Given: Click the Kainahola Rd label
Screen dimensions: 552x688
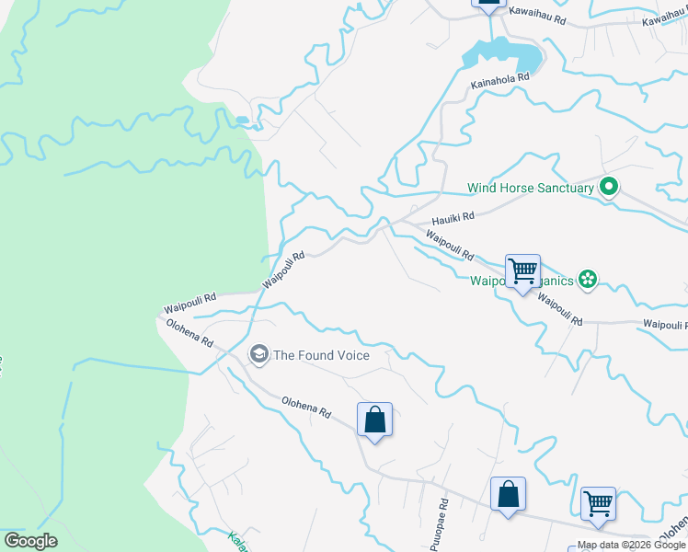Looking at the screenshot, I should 500,79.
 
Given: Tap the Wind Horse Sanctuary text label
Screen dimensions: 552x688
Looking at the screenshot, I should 531,188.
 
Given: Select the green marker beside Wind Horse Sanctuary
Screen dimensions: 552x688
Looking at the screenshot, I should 608,188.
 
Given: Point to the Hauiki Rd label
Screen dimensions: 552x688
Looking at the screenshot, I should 453,217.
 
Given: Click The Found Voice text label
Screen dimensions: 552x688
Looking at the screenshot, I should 321,355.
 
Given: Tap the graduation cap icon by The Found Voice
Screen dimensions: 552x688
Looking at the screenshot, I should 259,354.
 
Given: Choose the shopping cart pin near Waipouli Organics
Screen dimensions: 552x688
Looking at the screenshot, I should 522,271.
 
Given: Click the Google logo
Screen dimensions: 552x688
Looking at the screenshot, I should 31,541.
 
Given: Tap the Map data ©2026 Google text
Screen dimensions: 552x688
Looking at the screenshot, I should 631,545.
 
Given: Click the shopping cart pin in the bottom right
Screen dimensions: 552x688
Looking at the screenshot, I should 598,504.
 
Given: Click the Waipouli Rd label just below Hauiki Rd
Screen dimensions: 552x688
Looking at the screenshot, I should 449,245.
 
